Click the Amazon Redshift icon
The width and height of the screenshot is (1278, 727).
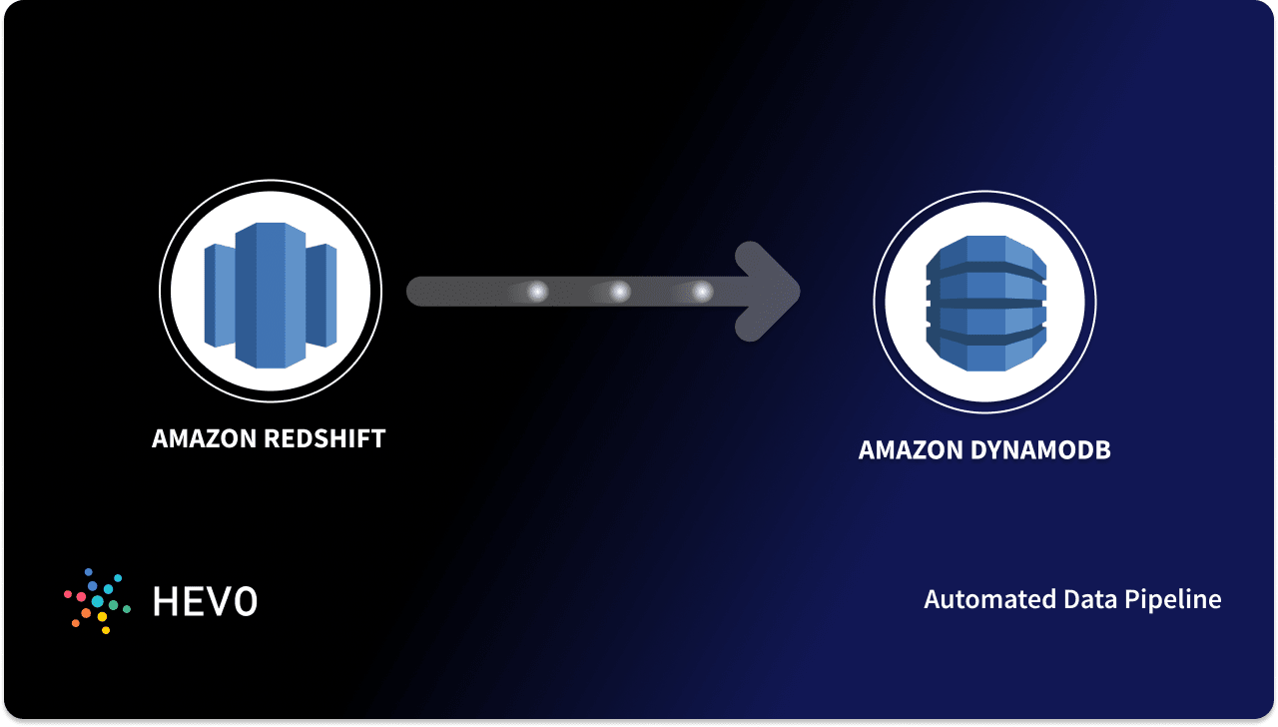point(270,292)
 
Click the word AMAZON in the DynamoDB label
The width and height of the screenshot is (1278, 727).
point(910,450)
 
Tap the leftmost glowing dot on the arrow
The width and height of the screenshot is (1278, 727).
point(537,292)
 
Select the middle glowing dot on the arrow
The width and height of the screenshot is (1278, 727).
point(620,292)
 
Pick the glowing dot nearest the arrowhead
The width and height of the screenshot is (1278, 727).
point(702,292)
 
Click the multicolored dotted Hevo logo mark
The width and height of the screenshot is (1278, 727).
point(97,600)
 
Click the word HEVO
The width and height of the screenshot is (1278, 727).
point(205,601)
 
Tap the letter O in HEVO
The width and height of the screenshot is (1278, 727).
point(245,601)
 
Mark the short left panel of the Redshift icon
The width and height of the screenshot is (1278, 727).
point(218,292)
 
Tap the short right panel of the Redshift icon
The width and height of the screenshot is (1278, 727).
point(321,292)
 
